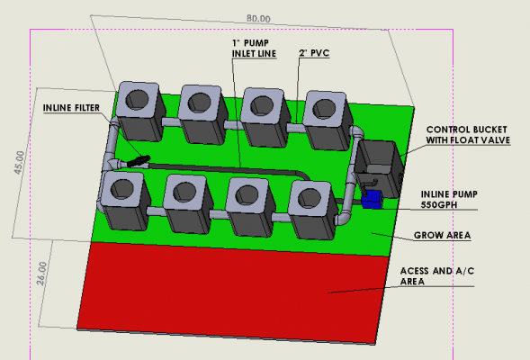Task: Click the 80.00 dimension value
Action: click(258, 18)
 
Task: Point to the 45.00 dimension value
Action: click(19, 162)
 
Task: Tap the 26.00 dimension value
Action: click(41, 273)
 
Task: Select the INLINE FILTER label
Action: click(71, 108)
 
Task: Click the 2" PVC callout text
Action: click(314, 53)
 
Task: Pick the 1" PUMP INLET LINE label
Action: click(254, 49)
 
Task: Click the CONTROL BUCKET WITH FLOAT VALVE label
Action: click(468, 135)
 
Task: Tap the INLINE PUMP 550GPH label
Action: click(449, 200)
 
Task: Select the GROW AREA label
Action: click(442, 235)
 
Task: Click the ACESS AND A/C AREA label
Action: click(437, 276)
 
